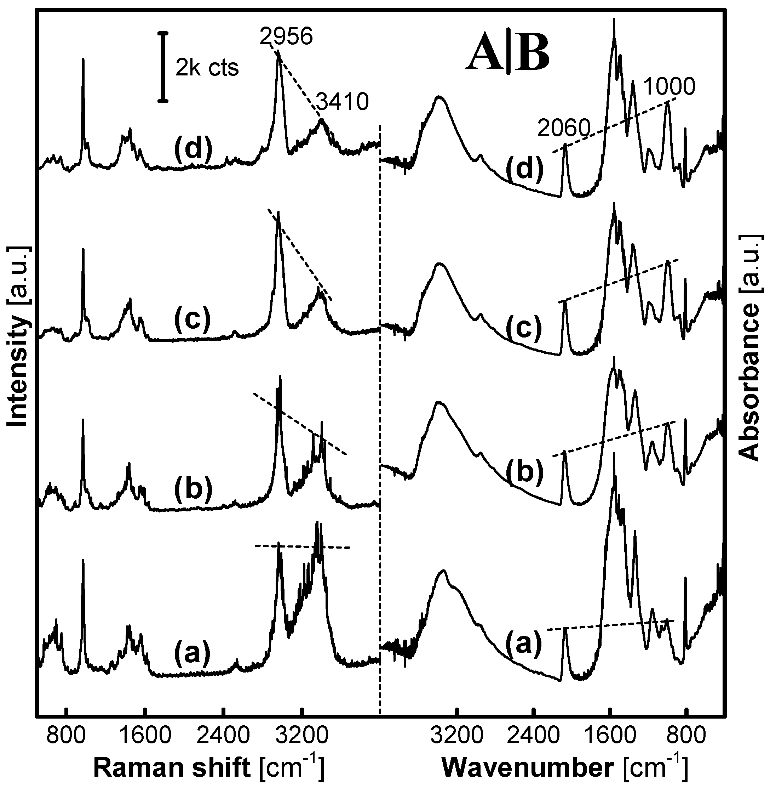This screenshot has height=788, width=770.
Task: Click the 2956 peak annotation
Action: [286, 37]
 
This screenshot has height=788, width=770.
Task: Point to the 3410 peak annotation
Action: [342, 102]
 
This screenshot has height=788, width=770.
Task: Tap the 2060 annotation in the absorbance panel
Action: [564, 129]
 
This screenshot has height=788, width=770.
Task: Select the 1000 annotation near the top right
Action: [669, 86]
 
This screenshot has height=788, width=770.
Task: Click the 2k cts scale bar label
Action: [207, 68]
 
